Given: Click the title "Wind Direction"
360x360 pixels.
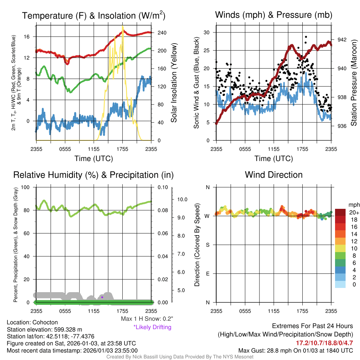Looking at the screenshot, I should coord(274,175).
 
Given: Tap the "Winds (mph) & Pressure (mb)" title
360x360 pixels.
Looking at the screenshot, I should coord(274,15).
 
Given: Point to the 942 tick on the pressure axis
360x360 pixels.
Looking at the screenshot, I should coord(342,40).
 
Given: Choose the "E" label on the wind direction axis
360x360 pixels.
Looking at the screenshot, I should coord(207,273).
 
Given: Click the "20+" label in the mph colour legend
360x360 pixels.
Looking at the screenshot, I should coord(353,213).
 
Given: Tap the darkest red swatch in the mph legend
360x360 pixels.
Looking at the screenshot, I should coord(340,212).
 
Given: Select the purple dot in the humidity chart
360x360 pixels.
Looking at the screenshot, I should coord(102,297).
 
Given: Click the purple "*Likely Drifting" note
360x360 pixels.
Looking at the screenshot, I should coord(152,327).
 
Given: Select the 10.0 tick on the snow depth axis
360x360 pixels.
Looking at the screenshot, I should coord(182,199).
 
